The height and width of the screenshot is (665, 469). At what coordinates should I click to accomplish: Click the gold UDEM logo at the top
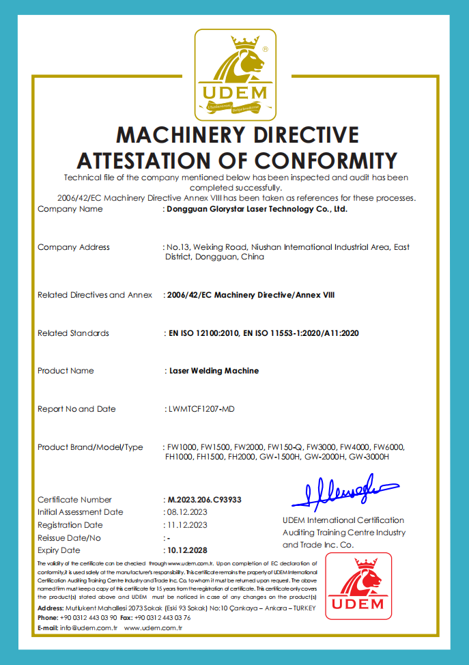point(234,74)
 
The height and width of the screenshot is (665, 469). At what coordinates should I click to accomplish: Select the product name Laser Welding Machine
point(214,371)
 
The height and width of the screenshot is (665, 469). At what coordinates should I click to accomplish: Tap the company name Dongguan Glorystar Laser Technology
point(258,210)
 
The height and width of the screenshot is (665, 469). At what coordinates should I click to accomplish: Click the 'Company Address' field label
point(74,247)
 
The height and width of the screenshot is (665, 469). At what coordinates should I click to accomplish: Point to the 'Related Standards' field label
point(73,333)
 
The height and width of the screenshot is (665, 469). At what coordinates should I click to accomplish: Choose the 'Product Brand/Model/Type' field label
point(90,447)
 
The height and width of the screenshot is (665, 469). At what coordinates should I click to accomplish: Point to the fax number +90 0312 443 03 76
point(163,617)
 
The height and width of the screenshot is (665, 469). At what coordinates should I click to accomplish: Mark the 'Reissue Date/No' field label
point(69,538)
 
